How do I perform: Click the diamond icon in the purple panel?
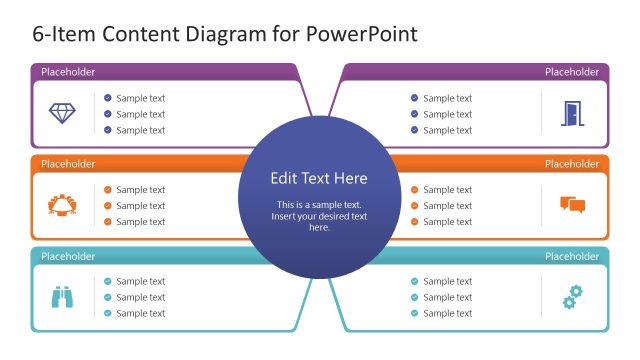pyautogui.click(x=62, y=113)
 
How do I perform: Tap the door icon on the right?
pyautogui.click(x=571, y=114)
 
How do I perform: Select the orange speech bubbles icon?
pyautogui.click(x=572, y=205)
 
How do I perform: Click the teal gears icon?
pyautogui.click(x=573, y=296)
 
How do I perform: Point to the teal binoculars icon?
pyautogui.click(x=63, y=297)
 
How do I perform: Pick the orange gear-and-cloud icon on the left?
pyautogui.click(x=62, y=205)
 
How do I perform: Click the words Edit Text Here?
pyautogui.click(x=319, y=179)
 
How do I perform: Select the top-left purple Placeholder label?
pyautogui.click(x=68, y=72)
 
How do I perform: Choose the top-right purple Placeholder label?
pyautogui.click(x=572, y=72)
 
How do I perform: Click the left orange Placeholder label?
pyautogui.click(x=68, y=164)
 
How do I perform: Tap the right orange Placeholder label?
pyautogui.click(x=572, y=164)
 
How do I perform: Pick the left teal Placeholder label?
pyautogui.click(x=68, y=256)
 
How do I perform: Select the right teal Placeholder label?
pyautogui.click(x=572, y=256)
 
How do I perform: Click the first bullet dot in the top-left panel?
pyautogui.click(x=108, y=98)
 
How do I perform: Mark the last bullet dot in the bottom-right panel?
pyautogui.click(x=415, y=313)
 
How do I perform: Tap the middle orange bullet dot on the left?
pyautogui.click(x=108, y=206)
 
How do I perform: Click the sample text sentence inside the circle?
pyautogui.click(x=320, y=216)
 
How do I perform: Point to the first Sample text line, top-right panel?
pyautogui.click(x=447, y=98)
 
